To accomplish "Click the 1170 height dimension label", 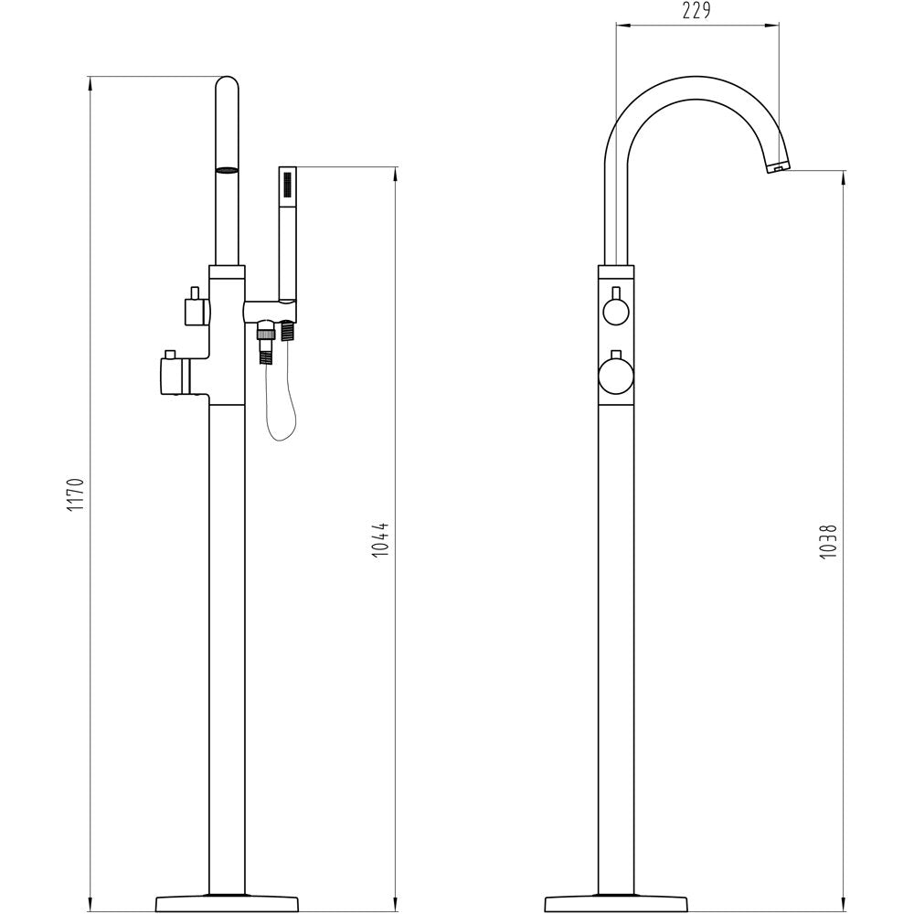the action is (x=77, y=494).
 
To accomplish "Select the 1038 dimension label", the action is (x=828, y=541).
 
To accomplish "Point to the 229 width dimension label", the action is (x=696, y=10).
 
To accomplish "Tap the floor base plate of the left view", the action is (x=227, y=904).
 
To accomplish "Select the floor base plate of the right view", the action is (x=615, y=904).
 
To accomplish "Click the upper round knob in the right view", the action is (x=616, y=310).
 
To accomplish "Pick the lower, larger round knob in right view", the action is (x=615, y=376).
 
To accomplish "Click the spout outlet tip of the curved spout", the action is (x=777, y=168).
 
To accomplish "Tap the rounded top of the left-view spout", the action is (x=227, y=84).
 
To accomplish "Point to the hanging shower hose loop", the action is (x=281, y=402).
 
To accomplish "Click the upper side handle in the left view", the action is (x=197, y=306).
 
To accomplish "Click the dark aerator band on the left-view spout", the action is (x=227, y=170).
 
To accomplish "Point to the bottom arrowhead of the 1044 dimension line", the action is (x=396, y=905).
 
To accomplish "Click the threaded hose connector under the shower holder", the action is (x=266, y=345).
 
